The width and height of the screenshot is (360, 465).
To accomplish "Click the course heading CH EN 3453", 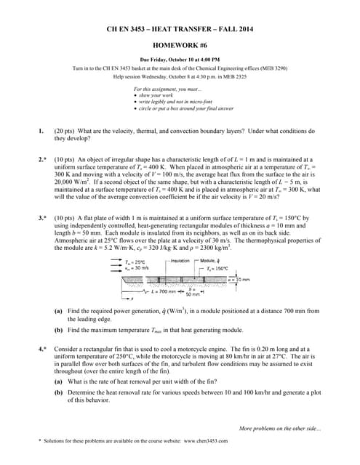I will [x=179, y=28].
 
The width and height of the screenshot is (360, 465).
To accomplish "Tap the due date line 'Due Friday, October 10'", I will [x=179, y=59].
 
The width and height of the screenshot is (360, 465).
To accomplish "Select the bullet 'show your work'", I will [x=151, y=96].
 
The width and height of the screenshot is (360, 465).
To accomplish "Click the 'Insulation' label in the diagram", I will [x=180, y=260].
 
